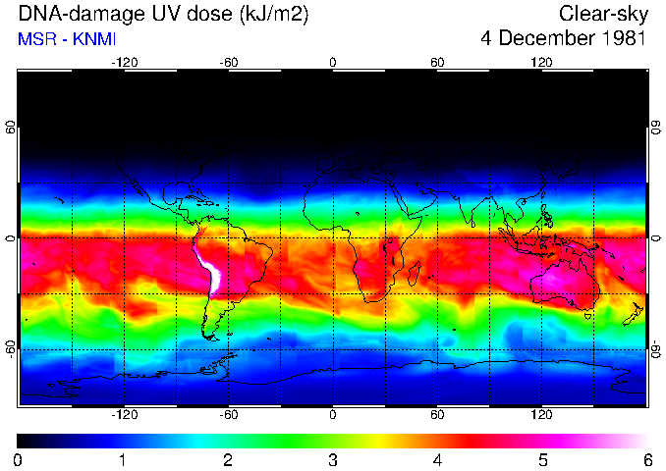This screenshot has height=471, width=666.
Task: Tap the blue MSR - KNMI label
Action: click(67, 39)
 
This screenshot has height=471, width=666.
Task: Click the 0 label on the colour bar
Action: click(19, 459)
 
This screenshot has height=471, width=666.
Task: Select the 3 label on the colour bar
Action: click(333, 459)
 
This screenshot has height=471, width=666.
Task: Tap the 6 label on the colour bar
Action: click(646, 459)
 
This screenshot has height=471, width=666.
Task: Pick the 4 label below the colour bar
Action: click(437, 459)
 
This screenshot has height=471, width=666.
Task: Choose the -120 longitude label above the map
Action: click(124, 63)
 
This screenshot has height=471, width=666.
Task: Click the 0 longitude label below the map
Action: click(333, 414)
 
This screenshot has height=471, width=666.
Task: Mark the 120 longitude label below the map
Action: click(541, 414)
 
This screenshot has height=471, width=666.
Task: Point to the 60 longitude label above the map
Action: click(437, 63)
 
